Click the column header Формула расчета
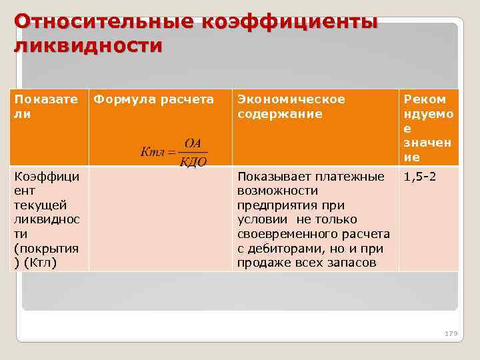(x=153, y=99)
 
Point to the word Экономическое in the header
(x=291, y=99)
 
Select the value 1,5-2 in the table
(x=420, y=177)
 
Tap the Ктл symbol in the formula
(x=153, y=152)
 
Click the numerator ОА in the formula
(x=193, y=144)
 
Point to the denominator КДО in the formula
(x=193, y=162)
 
